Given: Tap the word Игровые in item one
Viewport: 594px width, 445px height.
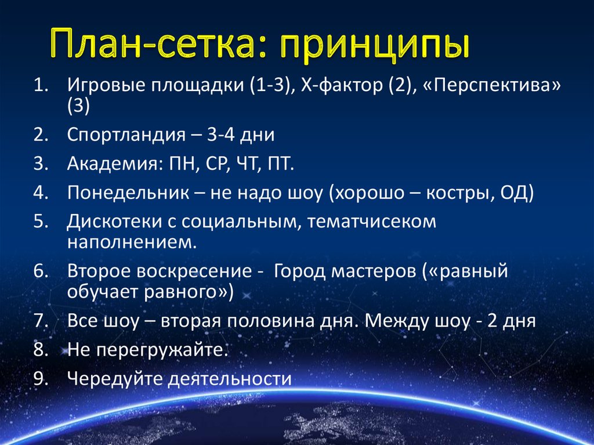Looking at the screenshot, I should point(106,86).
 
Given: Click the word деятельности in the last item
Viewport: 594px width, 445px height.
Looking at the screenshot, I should point(229,378).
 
